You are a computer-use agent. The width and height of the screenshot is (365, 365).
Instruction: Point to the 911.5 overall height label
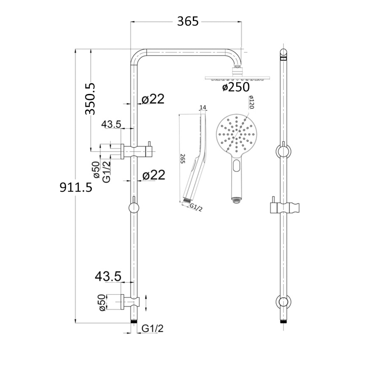76,187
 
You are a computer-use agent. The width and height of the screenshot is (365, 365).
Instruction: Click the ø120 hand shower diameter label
251,102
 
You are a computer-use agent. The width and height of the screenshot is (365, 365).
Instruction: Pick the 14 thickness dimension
203,107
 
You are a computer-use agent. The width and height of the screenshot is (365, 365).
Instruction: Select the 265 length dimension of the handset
182,159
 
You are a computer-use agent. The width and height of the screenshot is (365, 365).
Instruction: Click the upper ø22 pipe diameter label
153,99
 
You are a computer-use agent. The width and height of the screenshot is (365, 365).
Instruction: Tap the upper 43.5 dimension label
111,124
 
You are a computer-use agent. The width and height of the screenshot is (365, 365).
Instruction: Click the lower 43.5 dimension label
108,276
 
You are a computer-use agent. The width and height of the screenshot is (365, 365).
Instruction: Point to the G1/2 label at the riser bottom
153,328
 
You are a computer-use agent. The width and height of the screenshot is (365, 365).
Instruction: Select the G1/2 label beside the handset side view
196,207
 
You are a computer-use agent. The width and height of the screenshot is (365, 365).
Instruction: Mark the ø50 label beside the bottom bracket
102,303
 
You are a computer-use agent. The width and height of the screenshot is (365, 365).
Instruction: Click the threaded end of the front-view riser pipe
134,321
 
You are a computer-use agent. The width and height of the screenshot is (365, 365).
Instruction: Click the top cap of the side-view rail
283,53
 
